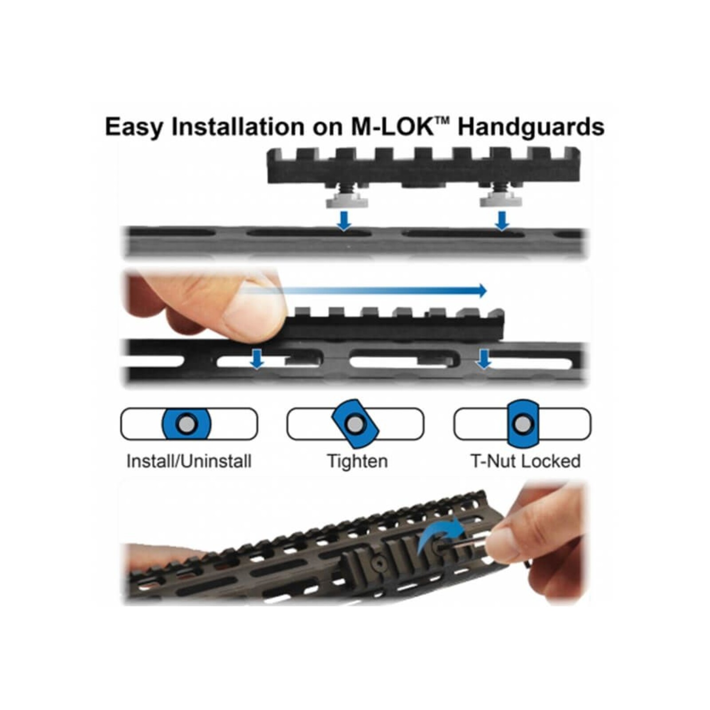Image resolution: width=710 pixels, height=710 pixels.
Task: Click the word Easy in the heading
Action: (x=134, y=127)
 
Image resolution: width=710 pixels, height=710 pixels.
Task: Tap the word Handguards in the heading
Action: (x=531, y=127)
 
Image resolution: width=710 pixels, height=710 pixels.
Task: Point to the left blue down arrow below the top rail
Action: (x=344, y=221)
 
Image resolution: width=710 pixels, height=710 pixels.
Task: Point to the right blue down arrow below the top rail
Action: (x=502, y=221)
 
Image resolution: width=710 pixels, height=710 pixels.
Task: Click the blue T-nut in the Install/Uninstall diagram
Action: (x=186, y=424)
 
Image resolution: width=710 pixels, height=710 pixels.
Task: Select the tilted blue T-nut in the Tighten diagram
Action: (x=355, y=424)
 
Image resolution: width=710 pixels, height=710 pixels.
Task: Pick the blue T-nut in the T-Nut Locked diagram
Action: (x=522, y=423)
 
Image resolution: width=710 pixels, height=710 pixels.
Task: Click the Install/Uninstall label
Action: (x=189, y=461)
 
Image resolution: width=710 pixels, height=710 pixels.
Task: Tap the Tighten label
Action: (x=357, y=461)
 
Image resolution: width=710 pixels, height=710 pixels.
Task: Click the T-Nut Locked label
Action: (x=525, y=461)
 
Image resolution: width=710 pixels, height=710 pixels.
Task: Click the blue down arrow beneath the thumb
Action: (x=256, y=359)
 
